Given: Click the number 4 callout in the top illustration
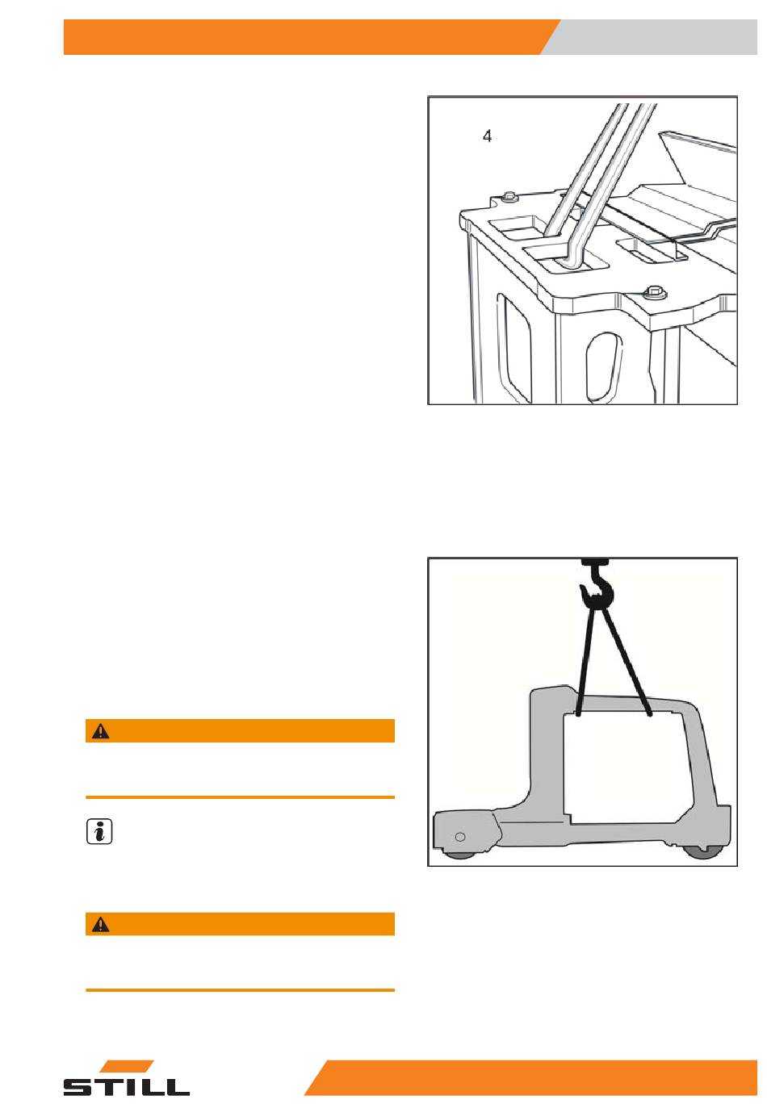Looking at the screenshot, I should coord(487,137).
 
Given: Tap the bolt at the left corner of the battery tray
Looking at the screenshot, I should coord(509,196).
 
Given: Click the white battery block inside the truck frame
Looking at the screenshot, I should coord(626,767).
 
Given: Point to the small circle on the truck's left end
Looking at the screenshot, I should coord(459,835).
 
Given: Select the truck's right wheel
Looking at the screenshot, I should coord(702,852).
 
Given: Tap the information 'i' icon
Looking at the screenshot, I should coord(98,833).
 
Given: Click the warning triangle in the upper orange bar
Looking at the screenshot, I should coord(100,731).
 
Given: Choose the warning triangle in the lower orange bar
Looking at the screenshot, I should coord(100,925).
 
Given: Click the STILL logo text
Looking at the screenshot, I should coord(127,1085).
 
